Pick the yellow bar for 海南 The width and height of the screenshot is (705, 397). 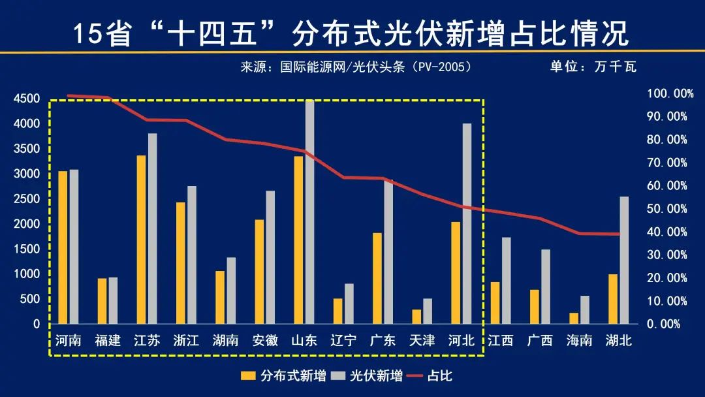pyautogui.click(x=574, y=318)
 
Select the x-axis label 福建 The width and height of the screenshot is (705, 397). pyautogui.click(x=108, y=340)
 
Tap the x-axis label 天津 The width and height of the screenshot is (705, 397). pyautogui.click(x=422, y=340)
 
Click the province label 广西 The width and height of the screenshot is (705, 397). pyautogui.click(x=540, y=340)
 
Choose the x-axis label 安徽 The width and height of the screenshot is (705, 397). pyautogui.click(x=265, y=340)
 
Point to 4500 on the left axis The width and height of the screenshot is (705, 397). pyautogui.click(x=27, y=99)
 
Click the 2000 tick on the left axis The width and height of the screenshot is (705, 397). pyautogui.click(x=27, y=224)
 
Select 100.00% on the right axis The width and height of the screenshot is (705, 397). pyautogui.click(x=670, y=93)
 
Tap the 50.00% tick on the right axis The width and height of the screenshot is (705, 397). pyautogui.click(x=667, y=209)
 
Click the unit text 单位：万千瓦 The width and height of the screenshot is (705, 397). pyautogui.click(x=593, y=67)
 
